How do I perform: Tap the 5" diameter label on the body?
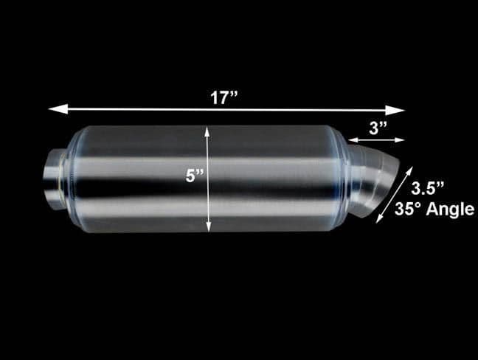tap(195, 177)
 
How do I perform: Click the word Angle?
tap(450, 209)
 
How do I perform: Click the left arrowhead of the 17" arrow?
tap(53, 109)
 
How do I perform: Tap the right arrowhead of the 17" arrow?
tap(400, 110)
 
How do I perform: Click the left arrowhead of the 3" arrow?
tap(351, 139)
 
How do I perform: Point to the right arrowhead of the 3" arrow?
tap(401, 139)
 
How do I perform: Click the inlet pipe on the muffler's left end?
tap(55, 178)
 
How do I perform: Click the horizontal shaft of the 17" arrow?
tap(148, 109)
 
